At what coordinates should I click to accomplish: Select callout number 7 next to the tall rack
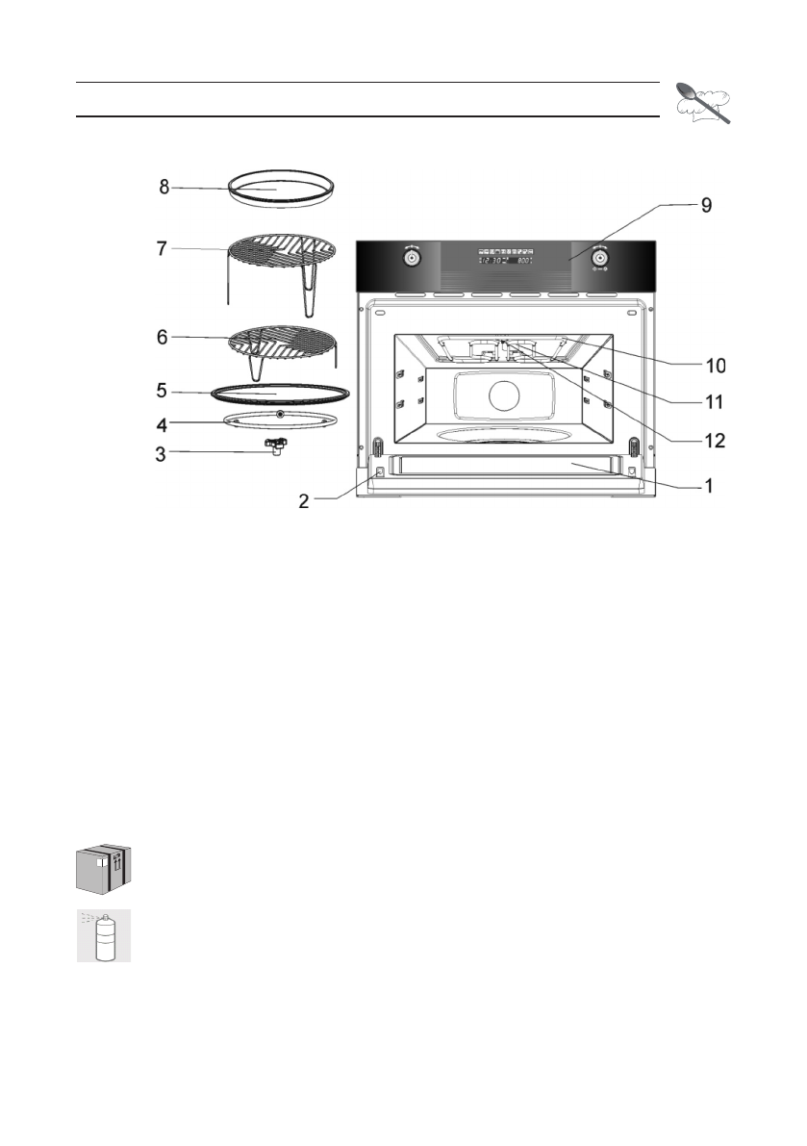[164, 248]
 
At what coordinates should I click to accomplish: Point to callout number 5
[164, 392]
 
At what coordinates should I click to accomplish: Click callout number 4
[164, 421]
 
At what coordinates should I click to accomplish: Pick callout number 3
[164, 451]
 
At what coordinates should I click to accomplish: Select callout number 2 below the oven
[303, 502]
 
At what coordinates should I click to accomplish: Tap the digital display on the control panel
[507, 259]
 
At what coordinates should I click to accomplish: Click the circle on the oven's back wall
[505, 395]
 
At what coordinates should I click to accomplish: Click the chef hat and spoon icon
[703, 100]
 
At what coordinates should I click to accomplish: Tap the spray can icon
[103, 935]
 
